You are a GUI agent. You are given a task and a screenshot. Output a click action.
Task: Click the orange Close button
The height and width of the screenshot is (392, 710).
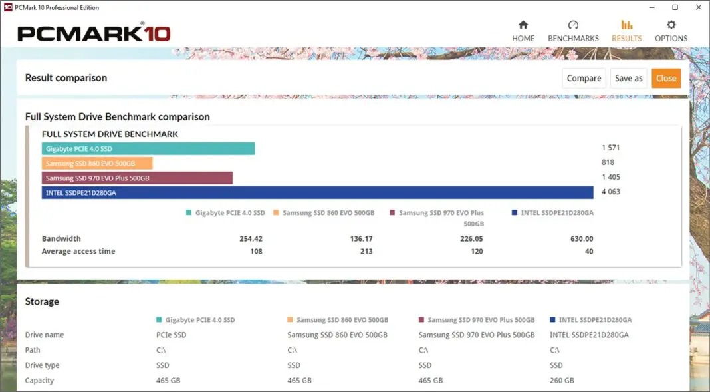coord(665,78)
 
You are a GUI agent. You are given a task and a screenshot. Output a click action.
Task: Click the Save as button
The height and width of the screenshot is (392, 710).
coord(628,78)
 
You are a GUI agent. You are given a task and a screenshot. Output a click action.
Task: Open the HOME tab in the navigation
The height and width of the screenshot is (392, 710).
coord(523,31)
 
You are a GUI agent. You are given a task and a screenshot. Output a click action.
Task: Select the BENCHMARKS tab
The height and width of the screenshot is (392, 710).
coord(573,31)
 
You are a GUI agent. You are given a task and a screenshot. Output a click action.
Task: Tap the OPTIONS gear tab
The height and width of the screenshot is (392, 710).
coord(671,31)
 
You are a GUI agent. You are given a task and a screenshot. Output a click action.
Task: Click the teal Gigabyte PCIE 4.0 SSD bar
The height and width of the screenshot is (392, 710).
coord(148,148)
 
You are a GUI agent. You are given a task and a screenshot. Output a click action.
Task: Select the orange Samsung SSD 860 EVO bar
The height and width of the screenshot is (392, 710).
coord(97,163)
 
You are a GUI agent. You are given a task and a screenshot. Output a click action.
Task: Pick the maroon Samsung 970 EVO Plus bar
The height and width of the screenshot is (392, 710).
coord(137,178)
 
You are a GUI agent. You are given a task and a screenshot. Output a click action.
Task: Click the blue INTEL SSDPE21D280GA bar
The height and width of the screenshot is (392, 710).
coord(317,192)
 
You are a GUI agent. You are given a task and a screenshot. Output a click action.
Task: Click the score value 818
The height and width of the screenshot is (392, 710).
coord(608,163)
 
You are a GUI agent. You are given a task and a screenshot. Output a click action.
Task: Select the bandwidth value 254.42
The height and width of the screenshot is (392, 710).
coord(251,238)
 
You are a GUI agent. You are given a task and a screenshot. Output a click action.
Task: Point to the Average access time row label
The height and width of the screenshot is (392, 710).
coord(78,252)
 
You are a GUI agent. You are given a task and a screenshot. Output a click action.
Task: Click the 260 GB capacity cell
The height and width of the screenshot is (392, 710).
coord(562,381)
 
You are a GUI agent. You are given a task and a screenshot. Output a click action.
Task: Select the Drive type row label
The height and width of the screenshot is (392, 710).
coord(42,365)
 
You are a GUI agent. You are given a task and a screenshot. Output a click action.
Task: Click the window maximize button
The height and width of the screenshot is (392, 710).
coord(675,7)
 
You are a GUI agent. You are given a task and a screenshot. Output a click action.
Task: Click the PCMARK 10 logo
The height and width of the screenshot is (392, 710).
coord(94,33)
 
